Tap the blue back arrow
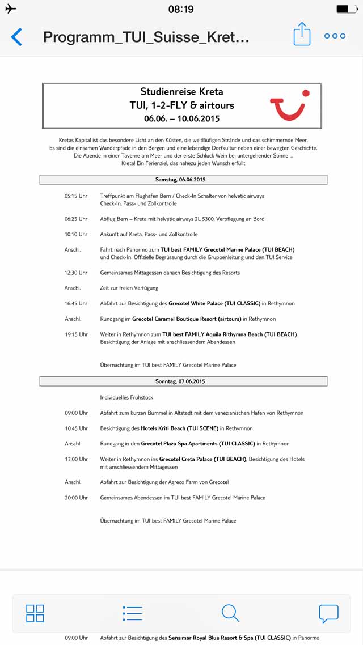pyautogui.click(x=17, y=37)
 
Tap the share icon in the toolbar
pyautogui.click(x=302, y=35)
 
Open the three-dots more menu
pyautogui.click(x=335, y=36)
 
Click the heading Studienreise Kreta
pyautogui.click(x=181, y=92)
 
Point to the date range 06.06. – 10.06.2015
pyautogui.click(x=181, y=118)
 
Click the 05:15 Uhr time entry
pyautogui.click(x=76, y=196)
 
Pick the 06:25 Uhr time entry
pyautogui.click(x=76, y=219)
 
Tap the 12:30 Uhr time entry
pyautogui.click(x=76, y=273)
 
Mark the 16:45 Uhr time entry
pyautogui.click(x=76, y=304)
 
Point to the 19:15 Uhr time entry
pyautogui.click(x=76, y=334)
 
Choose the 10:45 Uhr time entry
pyautogui.click(x=76, y=428)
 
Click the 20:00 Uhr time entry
pyautogui.click(x=76, y=498)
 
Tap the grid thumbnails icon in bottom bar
pyautogui.click(x=35, y=613)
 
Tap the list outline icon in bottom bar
pyautogui.click(x=132, y=613)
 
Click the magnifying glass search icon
pyautogui.click(x=230, y=613)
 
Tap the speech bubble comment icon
pyautogui.click(x=328, y=613)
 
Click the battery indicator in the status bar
pyautogui.click(x=346, y=9)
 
